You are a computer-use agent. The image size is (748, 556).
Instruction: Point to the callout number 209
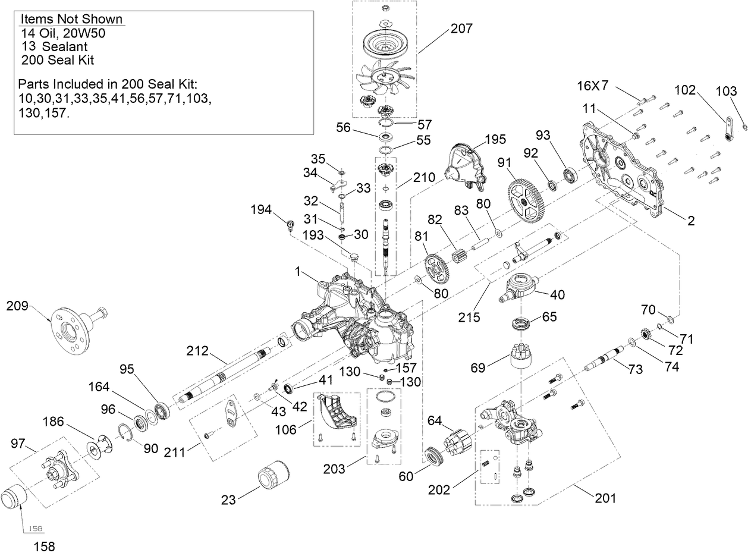pyautogui.click(x=17, y=307)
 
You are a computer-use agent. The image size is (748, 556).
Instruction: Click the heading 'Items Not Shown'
pyautogui.click(x=71, y=19)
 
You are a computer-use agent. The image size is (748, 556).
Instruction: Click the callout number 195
pyautogui.click(x=495, y=139)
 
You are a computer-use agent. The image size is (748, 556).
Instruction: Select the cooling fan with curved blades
pyautogui.click(x=385, y=78)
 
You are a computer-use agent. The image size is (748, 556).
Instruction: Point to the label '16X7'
pyautogui.click(x=593, y=86)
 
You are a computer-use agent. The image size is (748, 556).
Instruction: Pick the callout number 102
pyautogui.click(x=685, y=90)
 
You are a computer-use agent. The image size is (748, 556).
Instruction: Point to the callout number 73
pyautogui.click(x=635, y=369)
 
